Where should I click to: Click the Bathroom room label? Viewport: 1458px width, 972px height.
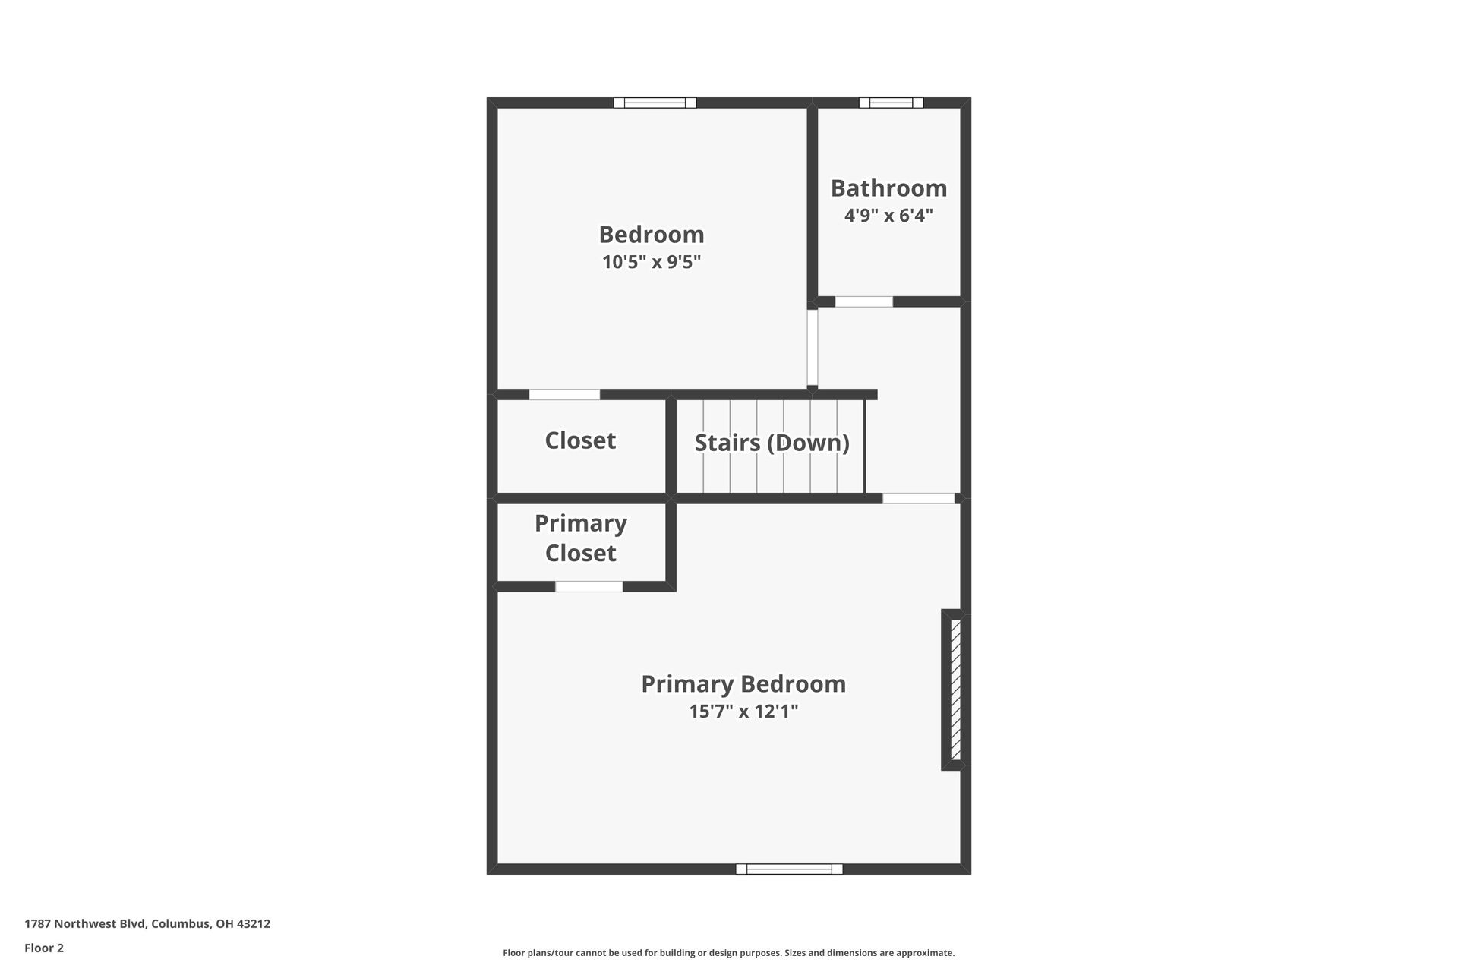click(888, 188)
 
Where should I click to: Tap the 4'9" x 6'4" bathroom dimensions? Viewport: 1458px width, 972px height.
click(888, 216)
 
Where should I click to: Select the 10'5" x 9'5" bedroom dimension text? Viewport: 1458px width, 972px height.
click(652, 263)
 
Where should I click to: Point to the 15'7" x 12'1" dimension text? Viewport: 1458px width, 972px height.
click(743, 712)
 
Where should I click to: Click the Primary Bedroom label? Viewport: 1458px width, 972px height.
click(743, 683)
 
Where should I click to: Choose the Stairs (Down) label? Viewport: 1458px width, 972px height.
click(772, 443)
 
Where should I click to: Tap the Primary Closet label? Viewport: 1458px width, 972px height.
click(581, 538)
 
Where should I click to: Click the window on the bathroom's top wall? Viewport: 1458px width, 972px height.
click(891, 103)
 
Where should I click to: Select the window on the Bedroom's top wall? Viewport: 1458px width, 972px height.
click(655, 103)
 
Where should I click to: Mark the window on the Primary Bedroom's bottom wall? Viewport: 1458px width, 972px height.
click(789, 869)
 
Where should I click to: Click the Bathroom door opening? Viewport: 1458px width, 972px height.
click(863, 301)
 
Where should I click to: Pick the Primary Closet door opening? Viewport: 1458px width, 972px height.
click(589, 586)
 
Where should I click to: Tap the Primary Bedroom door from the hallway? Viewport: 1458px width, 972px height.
click(918, 498)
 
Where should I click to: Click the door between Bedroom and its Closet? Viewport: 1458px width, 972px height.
click(564, 394)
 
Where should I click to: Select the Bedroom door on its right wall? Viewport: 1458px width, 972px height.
click(812, 347)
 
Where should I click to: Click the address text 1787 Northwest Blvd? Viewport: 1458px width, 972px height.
click(147, 924)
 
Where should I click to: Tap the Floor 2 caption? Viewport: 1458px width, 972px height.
click(44, 948)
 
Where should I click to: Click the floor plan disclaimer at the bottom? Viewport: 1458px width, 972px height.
click(728, 953)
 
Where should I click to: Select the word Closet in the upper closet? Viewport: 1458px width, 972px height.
click(580, 440)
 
